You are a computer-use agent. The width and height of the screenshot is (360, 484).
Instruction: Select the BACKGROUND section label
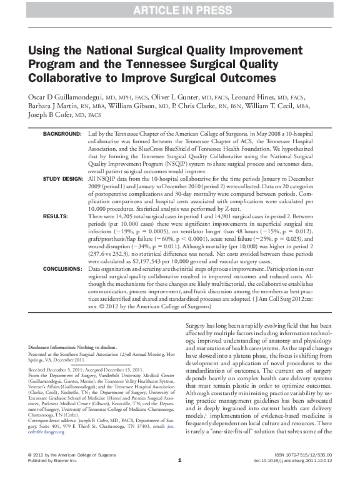pos(62,135)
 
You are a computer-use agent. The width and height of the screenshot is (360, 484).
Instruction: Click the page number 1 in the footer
pos(180,478)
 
